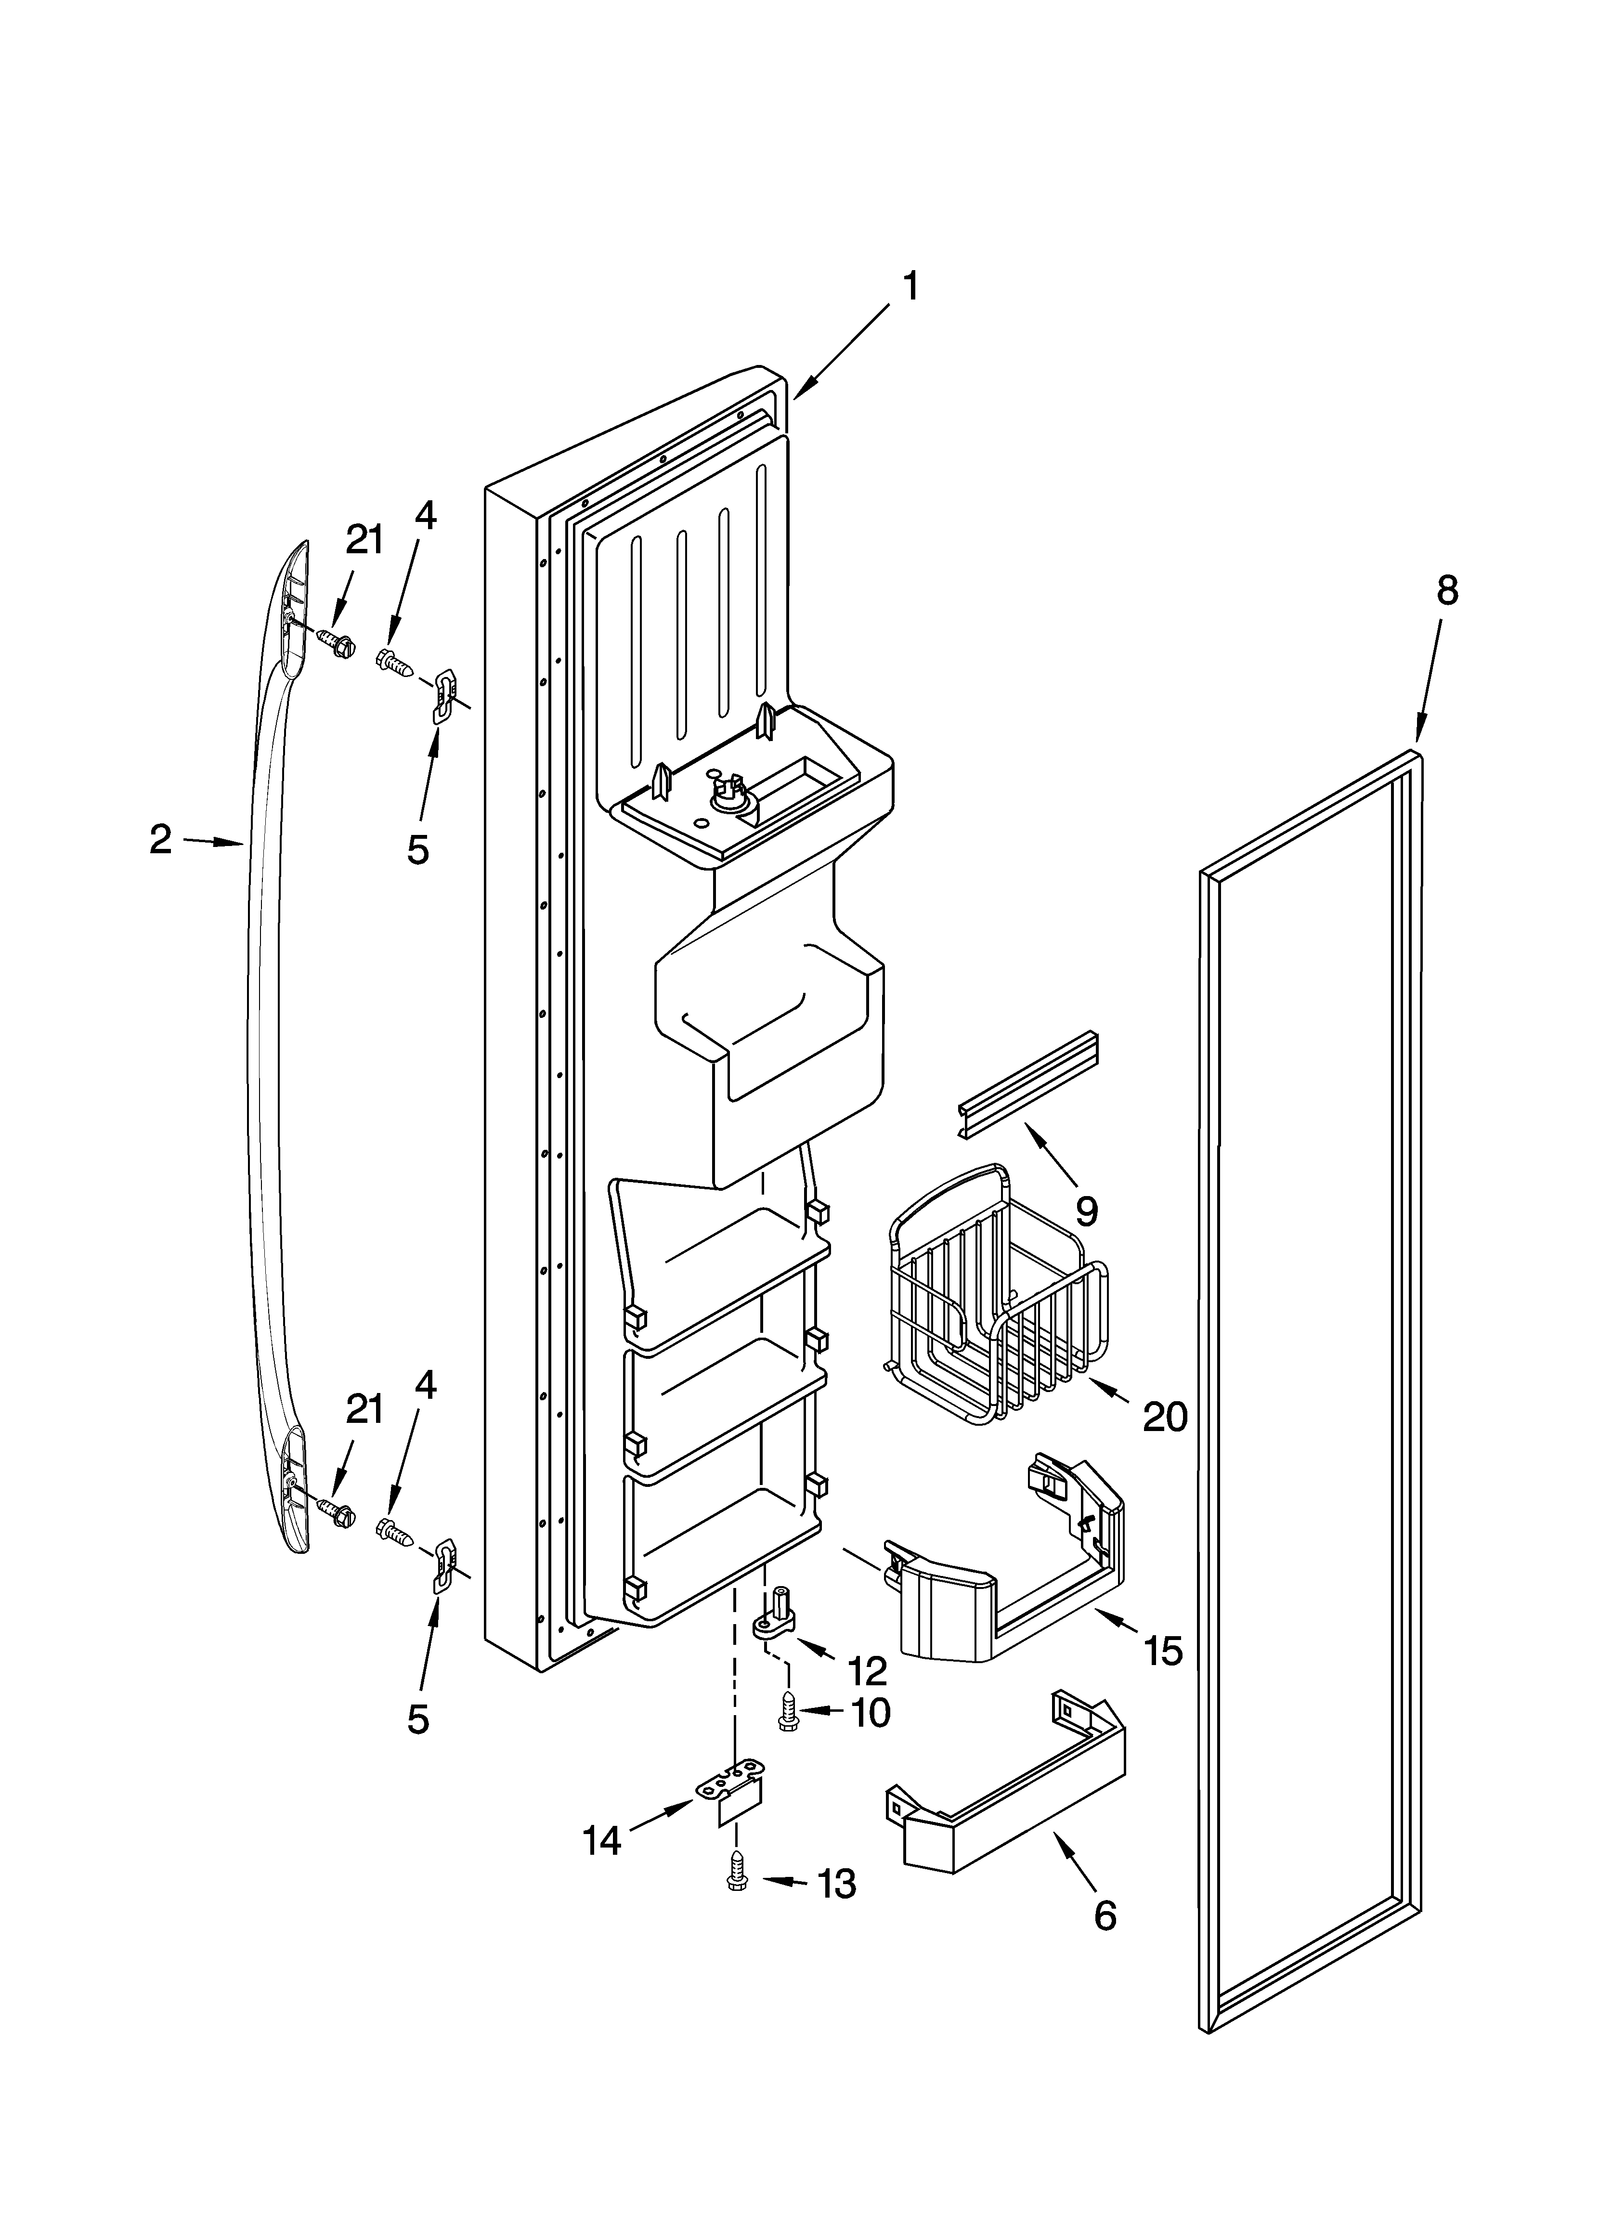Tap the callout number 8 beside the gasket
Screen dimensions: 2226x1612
[x=1447, y=591]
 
